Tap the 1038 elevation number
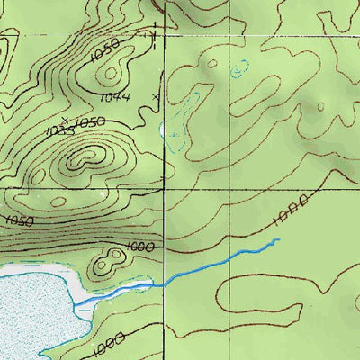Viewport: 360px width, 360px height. click(x=57, y=131)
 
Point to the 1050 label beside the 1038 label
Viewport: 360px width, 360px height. click(x=89, y=121)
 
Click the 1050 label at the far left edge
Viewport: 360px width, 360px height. click(x=18, y=220)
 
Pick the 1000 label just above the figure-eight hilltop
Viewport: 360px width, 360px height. click(x=140, y=247)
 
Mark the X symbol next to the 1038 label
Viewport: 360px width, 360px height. click(x=64, y=118)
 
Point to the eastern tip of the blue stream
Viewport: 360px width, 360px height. click(x=278, y=239)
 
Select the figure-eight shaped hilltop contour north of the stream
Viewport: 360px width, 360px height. click(x=109, y=263)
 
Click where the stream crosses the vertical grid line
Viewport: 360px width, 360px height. click(x=163, y=283)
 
